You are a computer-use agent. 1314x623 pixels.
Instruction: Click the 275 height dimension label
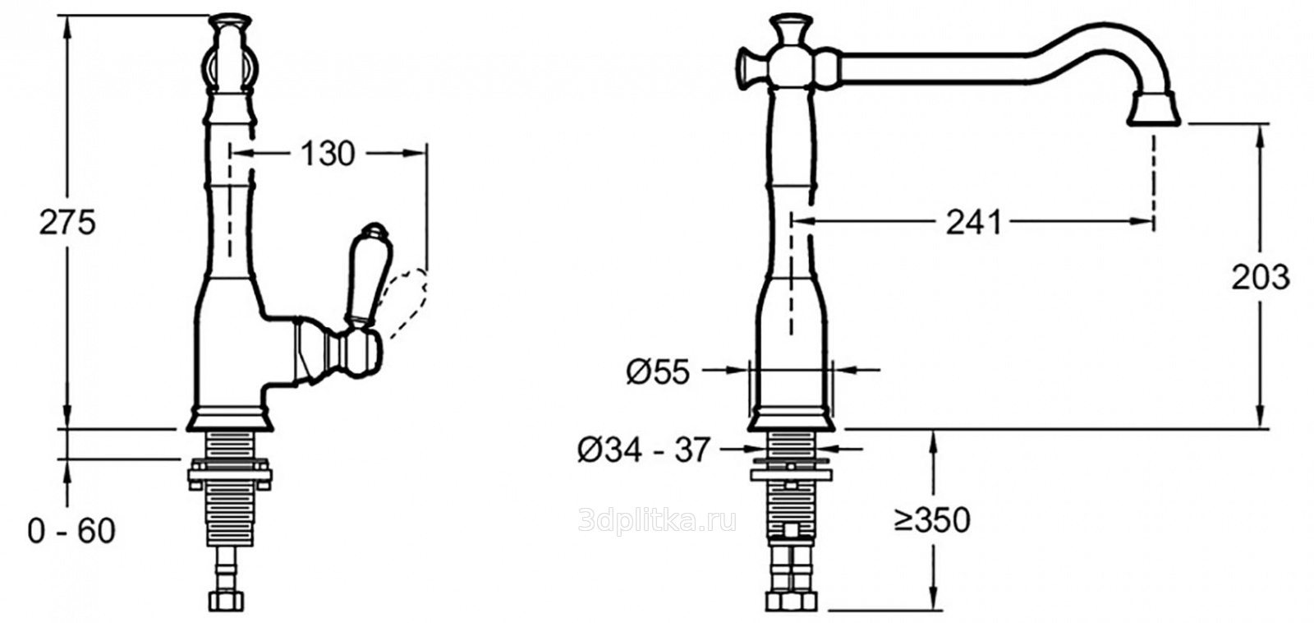click(x=67, y=222)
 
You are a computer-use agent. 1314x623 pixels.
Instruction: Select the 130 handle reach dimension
click(x=328, y=154)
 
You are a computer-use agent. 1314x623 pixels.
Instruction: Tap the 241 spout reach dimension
click(x=973, y=221)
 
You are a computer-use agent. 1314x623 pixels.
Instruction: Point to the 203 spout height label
click(x=1260, y=278)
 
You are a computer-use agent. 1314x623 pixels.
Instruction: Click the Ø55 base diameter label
click(x=657, y=373)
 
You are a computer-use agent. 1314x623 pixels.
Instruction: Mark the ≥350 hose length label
click(x=932, y=519)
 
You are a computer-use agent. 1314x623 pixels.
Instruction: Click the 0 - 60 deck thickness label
click(x=71, y=531)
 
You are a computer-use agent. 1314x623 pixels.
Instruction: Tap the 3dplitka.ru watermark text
click(x=657, y=520)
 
